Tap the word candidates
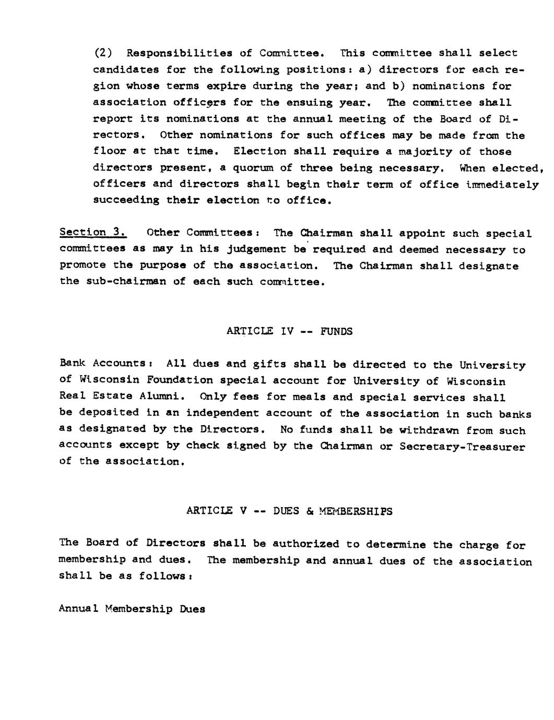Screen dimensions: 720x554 coord(127,69)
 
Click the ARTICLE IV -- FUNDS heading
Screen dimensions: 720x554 coord(290,331)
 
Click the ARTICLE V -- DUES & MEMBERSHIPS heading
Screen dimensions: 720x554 coord(289,511)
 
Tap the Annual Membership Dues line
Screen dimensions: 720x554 coord(132,609)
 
